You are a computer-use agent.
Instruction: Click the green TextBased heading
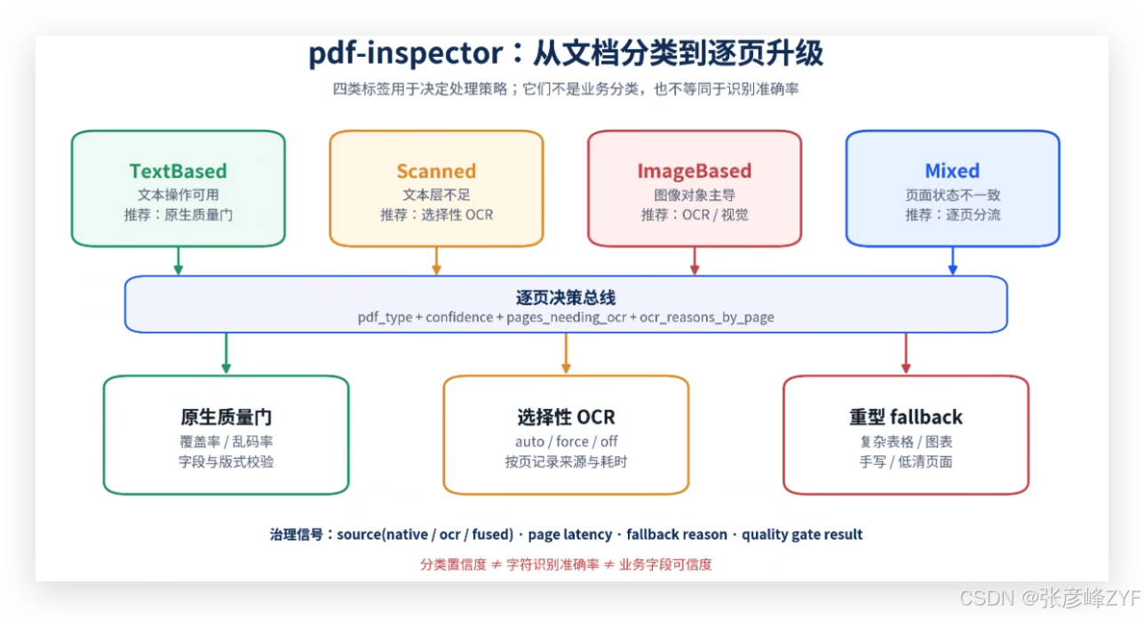[179, 171]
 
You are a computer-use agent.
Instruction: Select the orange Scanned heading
[436, 171]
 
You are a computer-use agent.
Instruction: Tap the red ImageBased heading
[695, 171]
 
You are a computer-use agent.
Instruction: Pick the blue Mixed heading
[952, 171]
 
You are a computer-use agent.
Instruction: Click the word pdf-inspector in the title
[406, 53]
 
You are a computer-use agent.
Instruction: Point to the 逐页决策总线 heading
[566, 298]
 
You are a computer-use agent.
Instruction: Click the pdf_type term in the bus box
[385, 317]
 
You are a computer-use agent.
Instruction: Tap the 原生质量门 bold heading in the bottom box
[226, 417]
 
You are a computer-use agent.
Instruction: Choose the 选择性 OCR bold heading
[566, 417]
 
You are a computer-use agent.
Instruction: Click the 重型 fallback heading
[905, 417]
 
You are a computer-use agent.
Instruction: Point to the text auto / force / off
[566, 441]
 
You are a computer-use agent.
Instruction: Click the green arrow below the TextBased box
[179, 260]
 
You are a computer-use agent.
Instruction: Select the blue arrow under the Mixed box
[952, 260]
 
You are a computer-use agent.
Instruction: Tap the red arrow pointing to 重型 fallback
[905, 353]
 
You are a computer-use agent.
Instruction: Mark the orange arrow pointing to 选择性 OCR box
[566, 353]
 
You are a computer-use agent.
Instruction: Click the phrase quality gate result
[802, 534]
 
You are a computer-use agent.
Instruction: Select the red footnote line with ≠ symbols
[566, 565]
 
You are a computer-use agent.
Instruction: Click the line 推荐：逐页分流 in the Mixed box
[952, 214]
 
